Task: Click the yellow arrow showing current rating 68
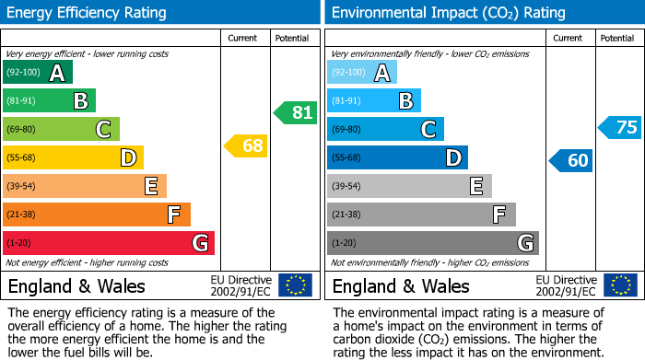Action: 246,145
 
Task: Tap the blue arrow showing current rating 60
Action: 570,160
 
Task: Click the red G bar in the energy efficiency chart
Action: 108,243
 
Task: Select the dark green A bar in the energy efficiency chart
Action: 37,73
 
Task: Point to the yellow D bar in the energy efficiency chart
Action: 73,158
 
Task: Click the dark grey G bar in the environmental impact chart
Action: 432,243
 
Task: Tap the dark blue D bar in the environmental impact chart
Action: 397,158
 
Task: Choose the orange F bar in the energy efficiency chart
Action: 96,215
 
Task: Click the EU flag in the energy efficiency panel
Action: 295,285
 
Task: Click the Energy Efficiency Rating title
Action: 88,13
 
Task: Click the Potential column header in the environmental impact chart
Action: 617,38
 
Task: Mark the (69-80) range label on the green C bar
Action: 22,130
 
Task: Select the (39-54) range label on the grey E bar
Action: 346,187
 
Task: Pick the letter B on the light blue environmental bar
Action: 405,101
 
